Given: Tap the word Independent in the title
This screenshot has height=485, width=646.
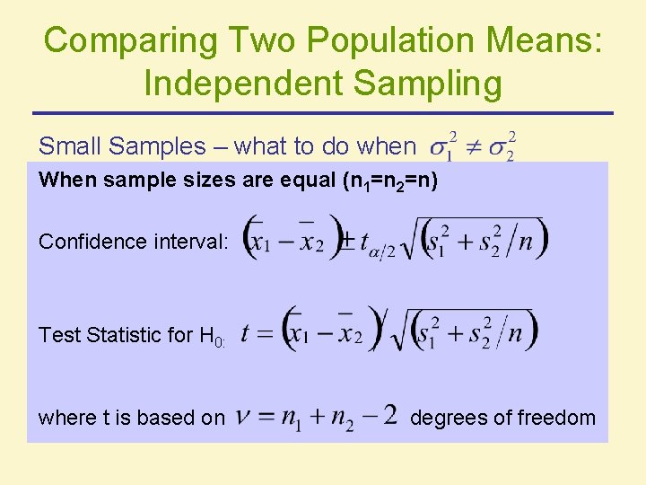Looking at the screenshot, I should tap(240, 83).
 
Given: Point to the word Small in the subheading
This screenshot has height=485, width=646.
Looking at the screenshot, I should tap(72, 146).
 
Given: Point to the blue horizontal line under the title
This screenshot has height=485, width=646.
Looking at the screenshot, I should tap(323, 113).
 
